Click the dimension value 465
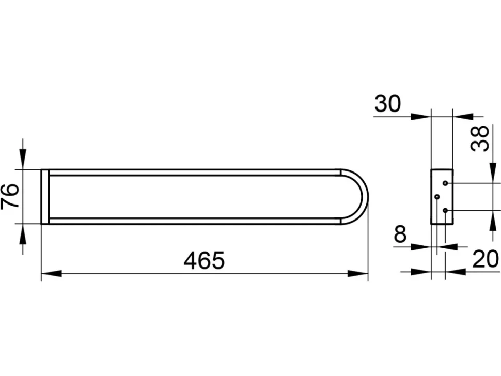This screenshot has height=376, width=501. click(204, 260)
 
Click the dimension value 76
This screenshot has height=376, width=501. click(9, 196)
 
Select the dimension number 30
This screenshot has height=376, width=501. click(387, 104)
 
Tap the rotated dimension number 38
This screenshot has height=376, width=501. click(480, 138)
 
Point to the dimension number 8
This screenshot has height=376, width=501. click(400, 234)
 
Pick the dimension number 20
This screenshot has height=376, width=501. click(486, 259)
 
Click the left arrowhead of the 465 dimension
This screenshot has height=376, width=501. click(52, 273)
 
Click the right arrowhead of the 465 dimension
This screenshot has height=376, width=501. click(358, 273)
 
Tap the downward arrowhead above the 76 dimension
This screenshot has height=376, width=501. click(23, 159)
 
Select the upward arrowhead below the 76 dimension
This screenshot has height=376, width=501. click(23, 234)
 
